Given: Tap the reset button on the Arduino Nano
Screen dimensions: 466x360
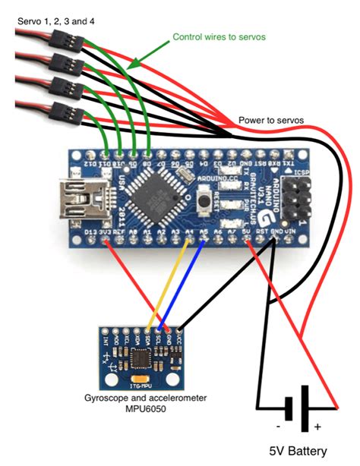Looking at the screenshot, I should point(204,201).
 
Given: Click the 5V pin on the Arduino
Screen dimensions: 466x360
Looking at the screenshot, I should point(248,241).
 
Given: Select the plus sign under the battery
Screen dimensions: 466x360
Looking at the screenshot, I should point(317,427).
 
